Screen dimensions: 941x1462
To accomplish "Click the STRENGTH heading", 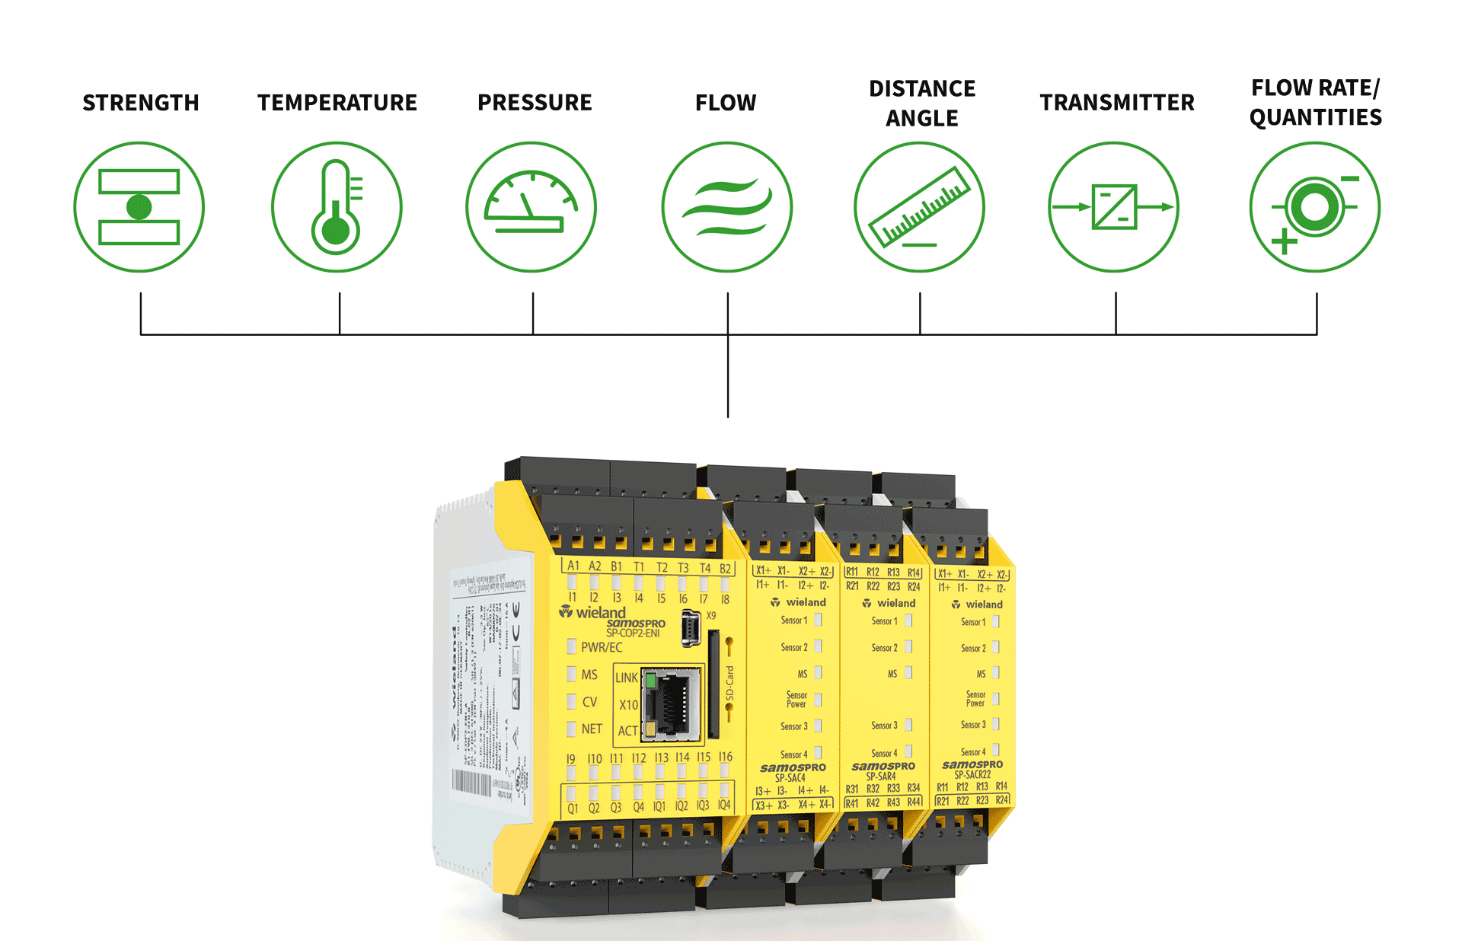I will pyautogui.click(x=141, y=103).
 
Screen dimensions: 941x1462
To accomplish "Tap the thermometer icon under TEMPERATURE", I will pyautogui.click(x=337, y=207).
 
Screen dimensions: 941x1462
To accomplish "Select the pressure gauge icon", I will pyautogui.click(x=531, y=207).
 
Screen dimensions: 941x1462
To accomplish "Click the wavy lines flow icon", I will pyautogui.click(x=727, y=207).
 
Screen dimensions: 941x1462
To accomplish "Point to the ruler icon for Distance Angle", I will pyautogui.click(x=920, y=207).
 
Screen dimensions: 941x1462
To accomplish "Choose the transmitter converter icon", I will pyautogui.click(x=1114, y=207).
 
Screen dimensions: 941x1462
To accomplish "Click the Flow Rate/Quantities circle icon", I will pyautogui.click(x=1315, y=207).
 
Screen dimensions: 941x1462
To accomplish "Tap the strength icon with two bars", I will pyautogui.click(x=139, y=207).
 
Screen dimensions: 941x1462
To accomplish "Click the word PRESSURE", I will pyautogui.click(x=535, y=103).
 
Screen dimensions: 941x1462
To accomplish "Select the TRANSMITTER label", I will pyautogui.click(x=1117, y=103).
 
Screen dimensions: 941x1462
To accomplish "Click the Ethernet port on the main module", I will pyautogui.click(x=672, y=703).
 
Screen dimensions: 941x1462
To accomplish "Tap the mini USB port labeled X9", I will pyautogui.click(x=690, y=628).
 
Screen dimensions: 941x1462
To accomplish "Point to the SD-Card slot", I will pyautogui.click(x=713, y=684).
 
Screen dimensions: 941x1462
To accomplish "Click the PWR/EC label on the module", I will pyautogui.click(x=602, y=647).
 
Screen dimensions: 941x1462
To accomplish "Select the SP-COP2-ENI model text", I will pyautogui.click(x=633, y=633).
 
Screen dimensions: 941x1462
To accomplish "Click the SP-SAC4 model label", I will pyautogui.click(x=790, y=778).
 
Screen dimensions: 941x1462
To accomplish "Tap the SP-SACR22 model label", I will pyautogui.click(x=972, y=774).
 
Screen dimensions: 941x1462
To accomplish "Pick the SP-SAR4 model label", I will pyautogui.click(x=881, y=777).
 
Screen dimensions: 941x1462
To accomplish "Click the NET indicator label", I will pyautogui.click(x=592, y=729).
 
